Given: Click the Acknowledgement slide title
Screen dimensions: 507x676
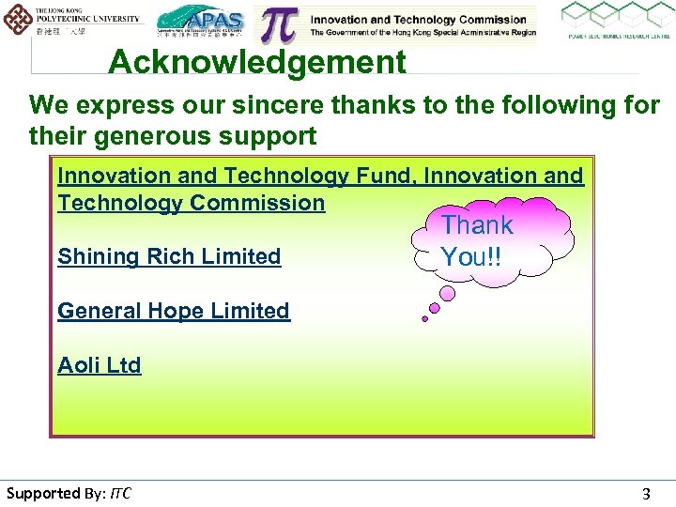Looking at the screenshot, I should pyautogui.click(x=257, y=63).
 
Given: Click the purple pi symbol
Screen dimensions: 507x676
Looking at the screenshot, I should pyautogui.click(x=280, y=25).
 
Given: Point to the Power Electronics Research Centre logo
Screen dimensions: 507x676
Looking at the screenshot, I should pyautogui.click(x=616, y=22).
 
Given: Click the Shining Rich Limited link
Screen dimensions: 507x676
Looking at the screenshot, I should pyautogui.click(x=169, y=256).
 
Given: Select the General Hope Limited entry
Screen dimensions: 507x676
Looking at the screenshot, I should pyautogui.click(x=174, y=311).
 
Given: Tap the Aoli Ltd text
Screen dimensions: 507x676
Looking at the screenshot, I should pyautogui.click(x=100, y=365).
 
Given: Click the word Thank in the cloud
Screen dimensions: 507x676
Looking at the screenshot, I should pyautogui.click(x=477, y=225).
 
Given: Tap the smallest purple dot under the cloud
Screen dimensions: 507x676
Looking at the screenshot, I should pyautogui.click(x=425, y=319).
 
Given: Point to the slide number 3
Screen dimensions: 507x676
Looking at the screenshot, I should pyautogui.click(x=645, y=494).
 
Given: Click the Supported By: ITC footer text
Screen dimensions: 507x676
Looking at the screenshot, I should pyautogui.click(x=69, y=493).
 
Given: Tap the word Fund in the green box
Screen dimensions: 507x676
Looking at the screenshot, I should pyautogui.click(x=386, y=176).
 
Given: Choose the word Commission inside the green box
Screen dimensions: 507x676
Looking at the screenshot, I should pyautogui.click(x=257, y=203).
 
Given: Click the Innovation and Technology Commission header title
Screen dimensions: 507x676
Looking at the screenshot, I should pyautogui.click(x=418, y=19).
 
